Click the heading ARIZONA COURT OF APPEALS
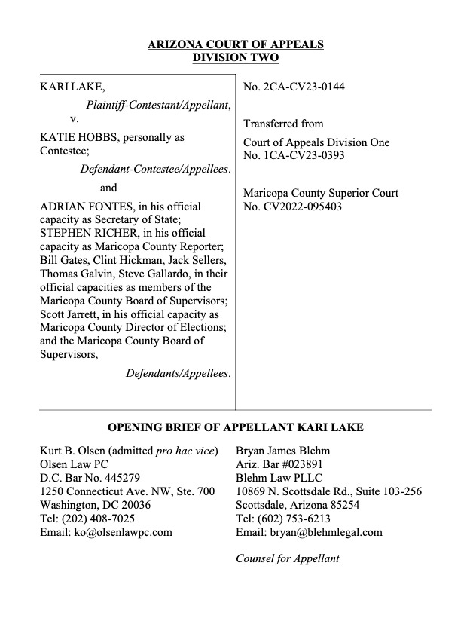(x=236, y=44)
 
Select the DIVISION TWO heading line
(x=236, y=58)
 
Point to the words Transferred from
(x=283, y=124)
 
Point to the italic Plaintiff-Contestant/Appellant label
(x=157, y=104)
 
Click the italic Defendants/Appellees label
(x=178, y=374)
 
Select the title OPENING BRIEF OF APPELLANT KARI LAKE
(x=236, y=427)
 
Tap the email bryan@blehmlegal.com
(x=309, y=532)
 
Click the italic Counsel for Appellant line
(x=288, y=558)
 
